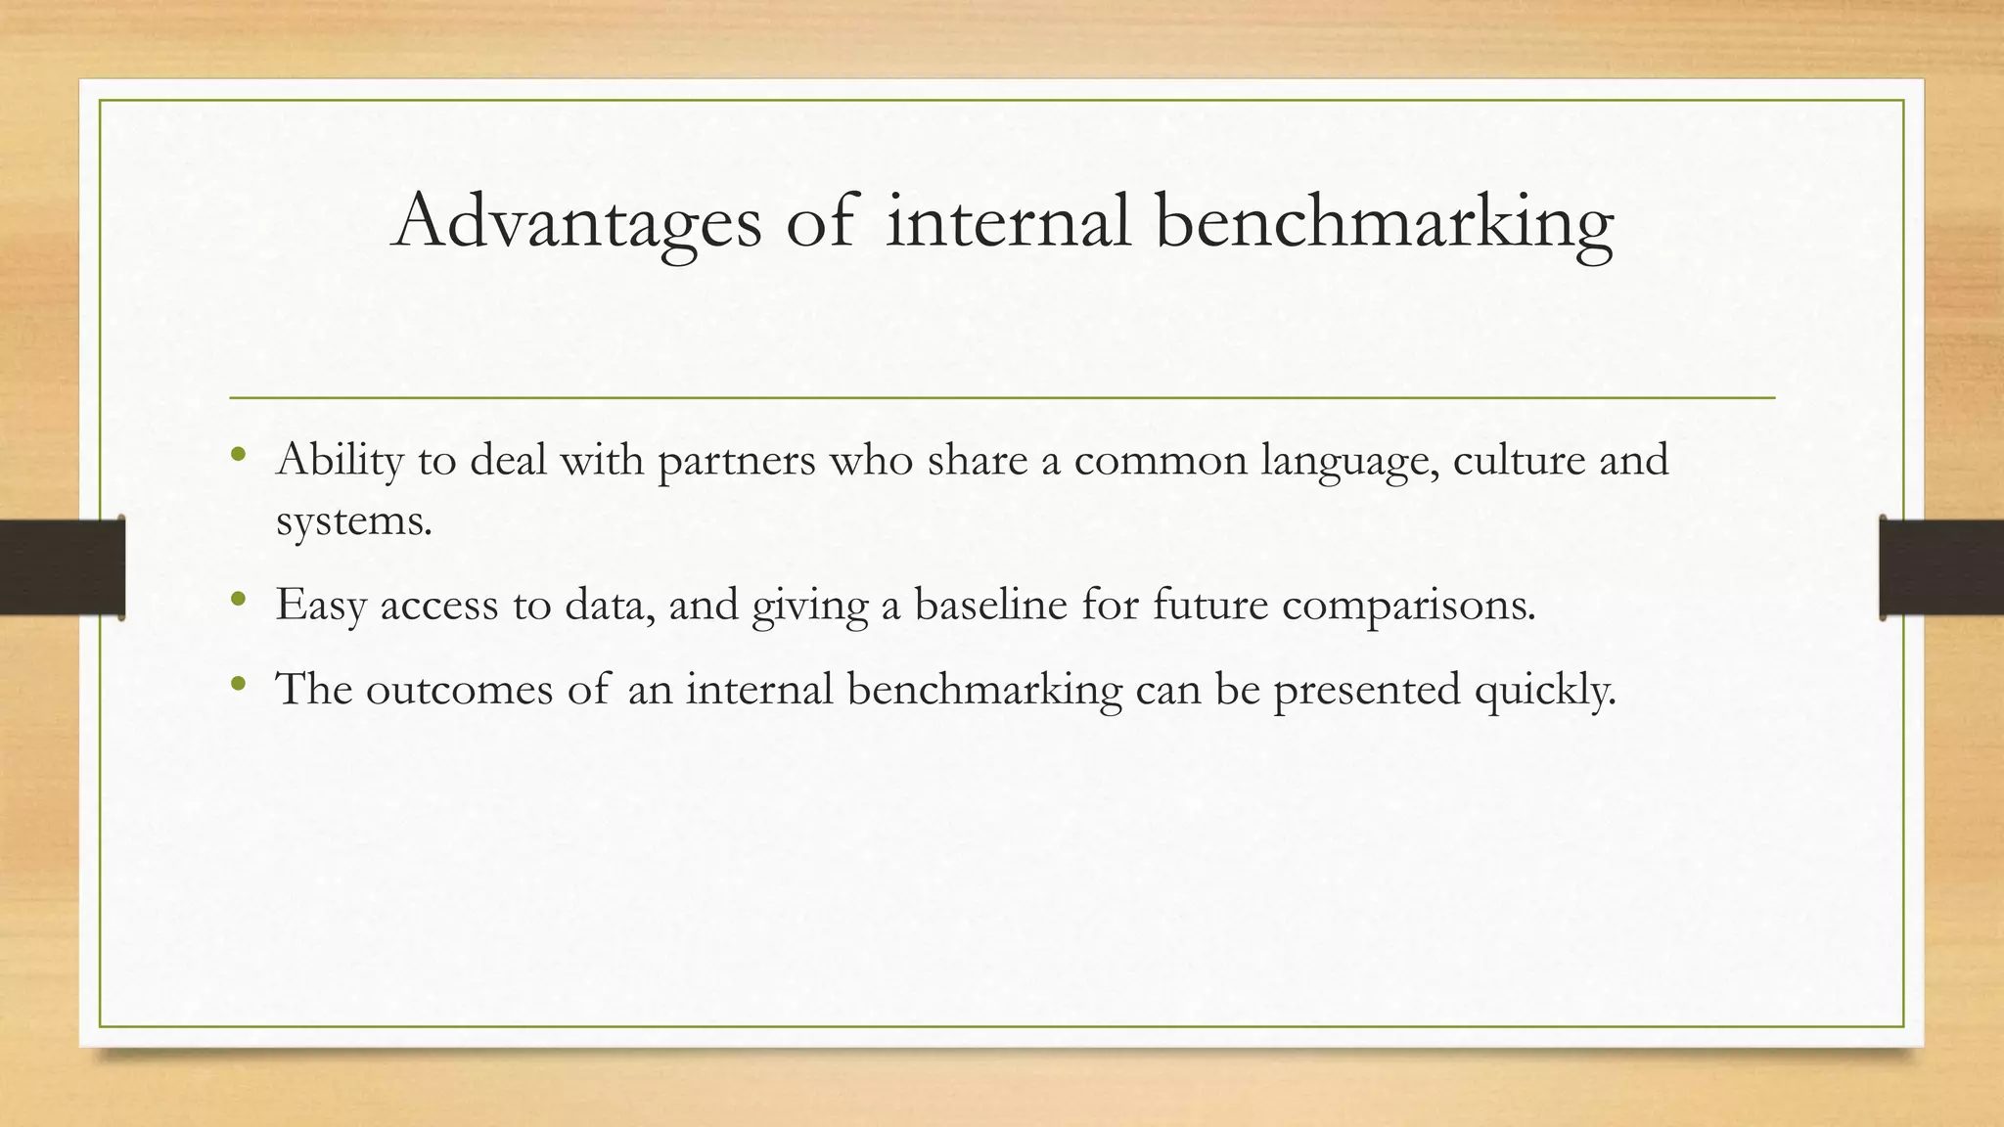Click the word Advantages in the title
[576, 221]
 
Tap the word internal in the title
[1008, 221]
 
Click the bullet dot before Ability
[238, 454]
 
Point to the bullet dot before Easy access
[238, 599]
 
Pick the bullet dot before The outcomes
[238, 683]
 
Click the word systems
[352, 520]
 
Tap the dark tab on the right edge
[1941, 567]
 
